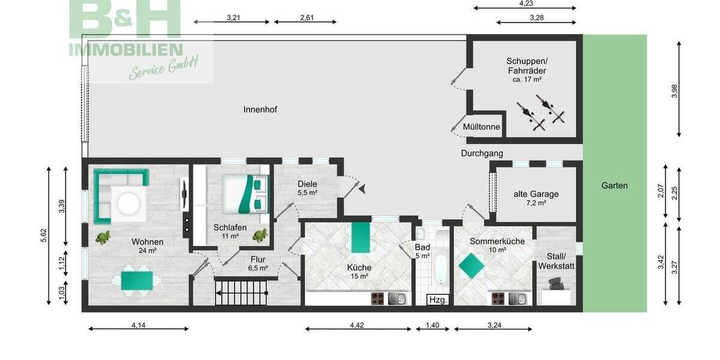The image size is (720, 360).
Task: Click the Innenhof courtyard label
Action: pos(260,109)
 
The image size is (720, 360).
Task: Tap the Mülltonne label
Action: pos(481,127)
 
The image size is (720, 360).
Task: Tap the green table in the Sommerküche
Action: pos(472,264)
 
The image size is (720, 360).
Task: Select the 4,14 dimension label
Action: pos(139,325)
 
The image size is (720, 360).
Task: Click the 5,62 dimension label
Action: pos(43,236)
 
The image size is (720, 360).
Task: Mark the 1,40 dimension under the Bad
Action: pos(433,325)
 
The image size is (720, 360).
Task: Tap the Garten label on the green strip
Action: pos(614,185)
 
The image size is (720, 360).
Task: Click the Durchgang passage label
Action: pos(482,153)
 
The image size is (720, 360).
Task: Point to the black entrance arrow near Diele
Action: pos(364,189)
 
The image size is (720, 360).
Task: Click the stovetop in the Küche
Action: pos(378,298)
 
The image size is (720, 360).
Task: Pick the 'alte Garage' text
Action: pos(536,194)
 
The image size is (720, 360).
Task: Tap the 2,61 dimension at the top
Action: pos(307,17)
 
